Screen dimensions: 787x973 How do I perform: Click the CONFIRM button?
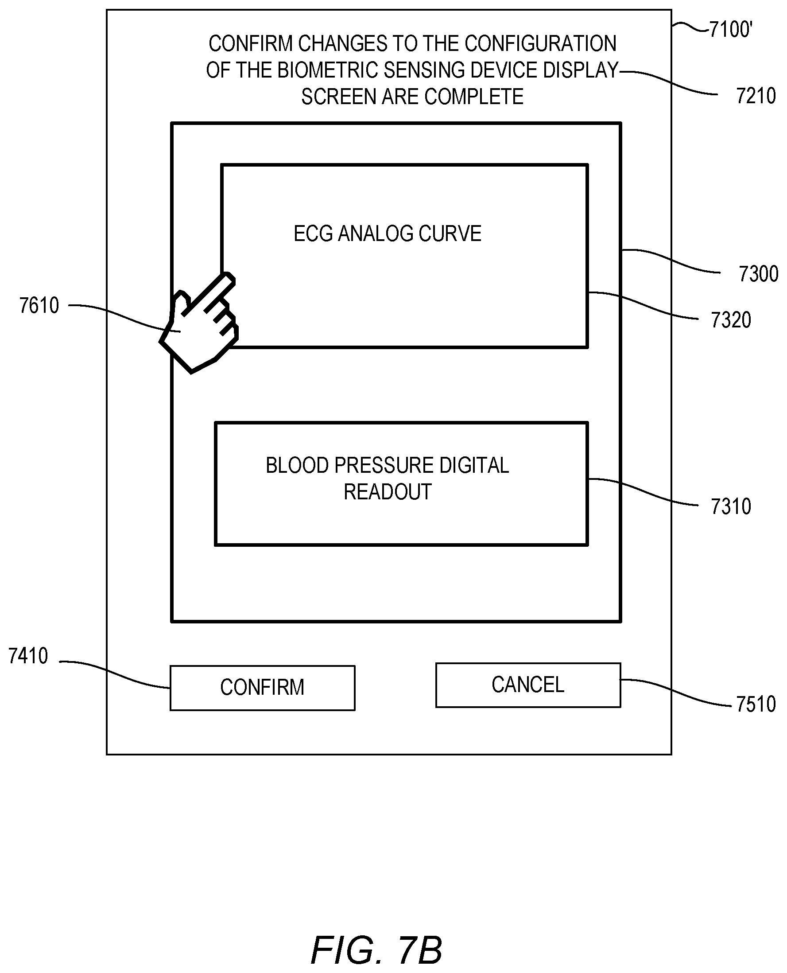262,688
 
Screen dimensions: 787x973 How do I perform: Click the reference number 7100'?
730,30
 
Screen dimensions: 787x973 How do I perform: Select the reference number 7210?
756,96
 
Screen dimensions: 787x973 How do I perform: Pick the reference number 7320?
731,320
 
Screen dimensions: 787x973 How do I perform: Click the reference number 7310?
731,506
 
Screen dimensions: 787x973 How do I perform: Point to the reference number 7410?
28,656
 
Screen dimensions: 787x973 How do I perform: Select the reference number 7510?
756,704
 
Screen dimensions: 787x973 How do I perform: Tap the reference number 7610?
39,305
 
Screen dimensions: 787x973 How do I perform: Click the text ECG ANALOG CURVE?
388,234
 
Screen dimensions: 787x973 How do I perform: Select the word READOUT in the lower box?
388,492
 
